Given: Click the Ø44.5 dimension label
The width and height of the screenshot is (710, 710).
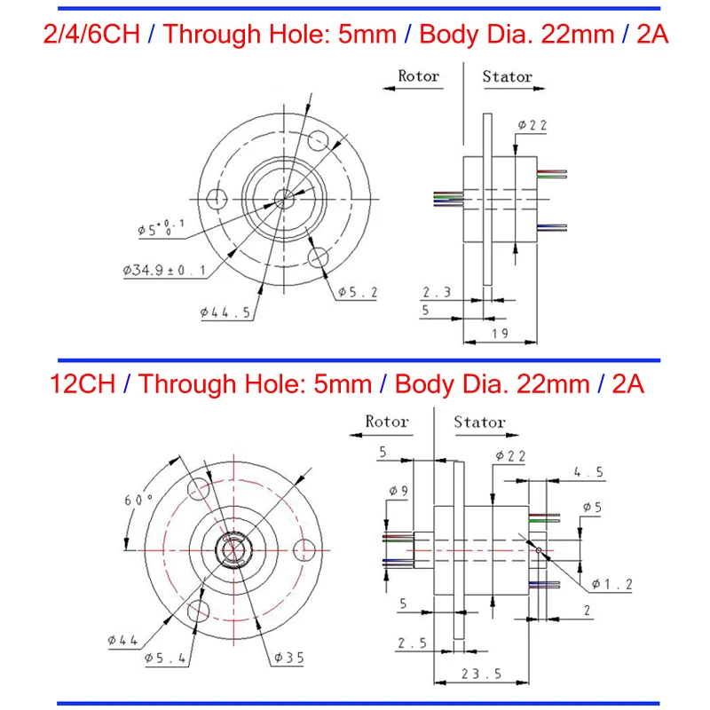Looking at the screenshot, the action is (225, 312).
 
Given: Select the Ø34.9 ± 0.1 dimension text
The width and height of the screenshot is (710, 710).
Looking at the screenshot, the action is (164, 271).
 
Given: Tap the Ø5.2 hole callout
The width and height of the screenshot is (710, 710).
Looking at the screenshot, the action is (358, 293).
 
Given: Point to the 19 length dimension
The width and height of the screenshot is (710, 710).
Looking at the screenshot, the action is (500, 334).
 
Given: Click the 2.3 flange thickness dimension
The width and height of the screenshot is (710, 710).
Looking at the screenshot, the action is (437, 292).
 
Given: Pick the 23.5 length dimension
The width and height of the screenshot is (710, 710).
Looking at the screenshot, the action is (481, 674).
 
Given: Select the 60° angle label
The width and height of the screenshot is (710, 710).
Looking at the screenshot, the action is (138, 500).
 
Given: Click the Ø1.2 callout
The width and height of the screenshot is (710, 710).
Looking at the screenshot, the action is (612, 584).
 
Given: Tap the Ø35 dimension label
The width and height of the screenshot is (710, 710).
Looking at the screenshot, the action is (289, 658).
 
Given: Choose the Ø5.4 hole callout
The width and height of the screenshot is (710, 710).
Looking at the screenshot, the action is (165, 658).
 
